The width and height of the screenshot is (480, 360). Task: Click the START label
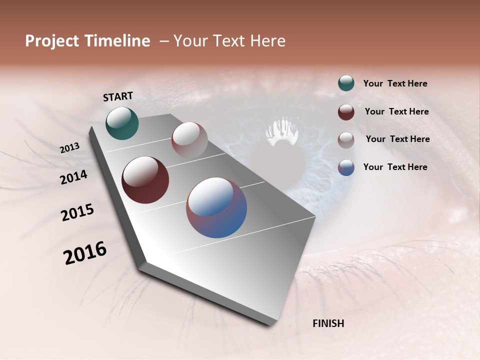coord(118,96)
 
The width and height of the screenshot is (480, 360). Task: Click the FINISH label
coord(328,323)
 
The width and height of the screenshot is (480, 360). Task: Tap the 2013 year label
coord(70,148)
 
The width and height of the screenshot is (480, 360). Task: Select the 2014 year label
coord(74,177)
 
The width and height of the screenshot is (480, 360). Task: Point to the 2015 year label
coord(77,212)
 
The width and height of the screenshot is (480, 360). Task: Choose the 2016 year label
coord(85,253)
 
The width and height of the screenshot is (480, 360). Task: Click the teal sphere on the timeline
coord(122,123)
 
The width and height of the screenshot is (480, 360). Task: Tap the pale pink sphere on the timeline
coord(189,139)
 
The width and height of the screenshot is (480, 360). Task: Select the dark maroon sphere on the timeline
coord(145,180)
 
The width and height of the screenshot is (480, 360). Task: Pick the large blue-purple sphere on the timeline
coord(216,207)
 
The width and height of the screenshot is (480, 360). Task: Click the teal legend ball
coord(346,83)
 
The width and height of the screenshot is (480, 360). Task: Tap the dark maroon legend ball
coord(346,112)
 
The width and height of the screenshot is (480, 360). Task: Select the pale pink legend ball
coord(346,139)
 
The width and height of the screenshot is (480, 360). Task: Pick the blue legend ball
coord(346,167)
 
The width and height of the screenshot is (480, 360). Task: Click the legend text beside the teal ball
coord(395,83)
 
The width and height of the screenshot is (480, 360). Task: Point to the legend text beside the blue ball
coord(395,167)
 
